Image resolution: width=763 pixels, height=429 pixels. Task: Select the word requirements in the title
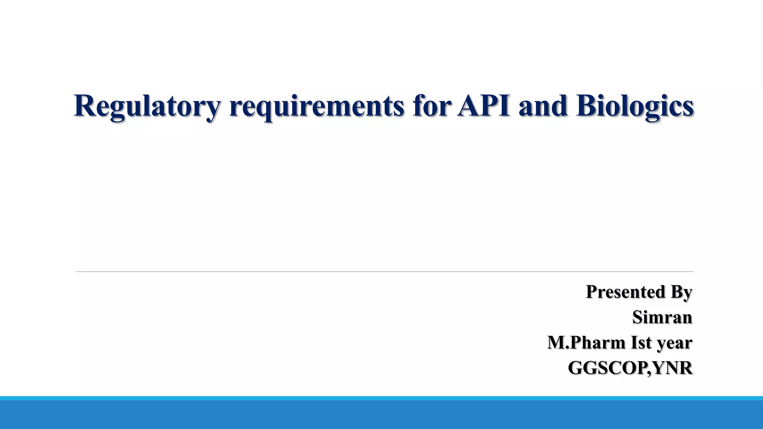pyautogui.click(x=316, y=107)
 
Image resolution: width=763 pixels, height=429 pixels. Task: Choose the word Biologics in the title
pyautogui.click(x=634, y=107)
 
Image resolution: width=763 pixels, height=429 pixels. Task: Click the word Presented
pyautogui.click(x=626, y=292)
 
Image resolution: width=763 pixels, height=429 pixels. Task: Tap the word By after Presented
pyautogui.click(x=681, y=292)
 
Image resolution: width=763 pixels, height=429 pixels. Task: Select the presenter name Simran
pyautogui.click(x=662, y=317)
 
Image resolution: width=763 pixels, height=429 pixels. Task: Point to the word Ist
pyautogui.click(x=641, y=343)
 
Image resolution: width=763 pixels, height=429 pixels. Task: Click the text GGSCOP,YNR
pyautogui.click(x=630, y=368)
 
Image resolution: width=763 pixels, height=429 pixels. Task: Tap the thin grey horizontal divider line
pyautogui.click(x=384, y=272)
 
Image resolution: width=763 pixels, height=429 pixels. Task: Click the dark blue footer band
pyautogui.click(x=381, y=415)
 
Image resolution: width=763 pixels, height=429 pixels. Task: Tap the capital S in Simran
pyautogui.click(x=638, y=317)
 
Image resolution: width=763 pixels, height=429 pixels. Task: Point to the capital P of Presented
pyautogui.click(x=592, y=292)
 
